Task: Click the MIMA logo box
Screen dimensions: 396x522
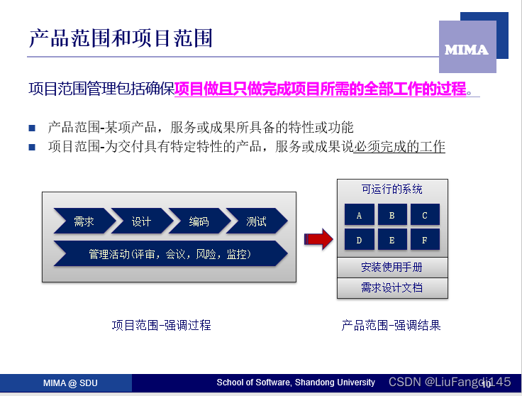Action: coord(467,48)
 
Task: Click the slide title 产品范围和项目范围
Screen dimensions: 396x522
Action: coord(121,38)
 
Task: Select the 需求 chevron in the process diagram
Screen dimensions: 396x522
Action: coord(83,221)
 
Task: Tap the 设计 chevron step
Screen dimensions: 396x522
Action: coord(141,221)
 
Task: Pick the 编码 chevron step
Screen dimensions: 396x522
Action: coord(199,221)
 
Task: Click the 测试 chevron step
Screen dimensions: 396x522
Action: coord(257,221)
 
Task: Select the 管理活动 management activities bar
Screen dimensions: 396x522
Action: coord(170,253)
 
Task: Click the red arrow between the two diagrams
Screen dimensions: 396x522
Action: coord(318,238)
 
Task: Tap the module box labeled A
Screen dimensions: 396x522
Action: coord(360,215)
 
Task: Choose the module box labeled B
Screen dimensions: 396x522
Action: coord(392,215)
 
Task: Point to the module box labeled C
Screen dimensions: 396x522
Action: coord(424,215)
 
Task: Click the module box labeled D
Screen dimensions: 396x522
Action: coord(360,240)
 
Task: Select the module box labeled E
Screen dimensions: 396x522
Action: coord(392,240)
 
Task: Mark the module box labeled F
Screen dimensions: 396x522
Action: coord(424,240)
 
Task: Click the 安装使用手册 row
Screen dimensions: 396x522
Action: coord(391,268)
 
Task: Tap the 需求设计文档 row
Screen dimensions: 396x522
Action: coord(391,287)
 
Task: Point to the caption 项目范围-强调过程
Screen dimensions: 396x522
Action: coord(161,325)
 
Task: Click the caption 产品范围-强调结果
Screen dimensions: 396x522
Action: coord(391,325)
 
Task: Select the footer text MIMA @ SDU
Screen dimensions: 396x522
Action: coord(70,383)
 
